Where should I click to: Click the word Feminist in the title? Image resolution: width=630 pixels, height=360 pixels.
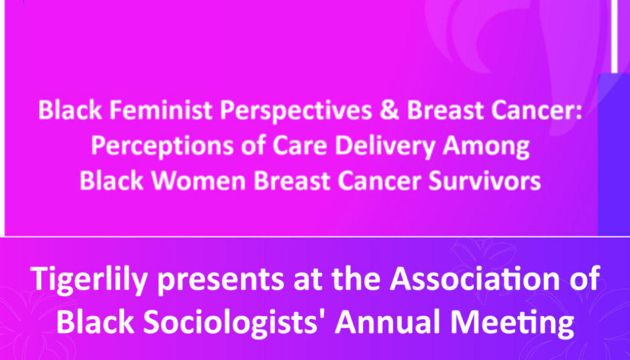click(161, 110)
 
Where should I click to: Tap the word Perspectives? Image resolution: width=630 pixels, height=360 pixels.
click(296, 111)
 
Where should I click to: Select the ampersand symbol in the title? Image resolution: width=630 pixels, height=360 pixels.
click(389, 110)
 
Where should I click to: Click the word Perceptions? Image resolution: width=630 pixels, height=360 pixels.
click(162, 146)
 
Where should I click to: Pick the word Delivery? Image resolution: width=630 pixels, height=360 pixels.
click(385, 146)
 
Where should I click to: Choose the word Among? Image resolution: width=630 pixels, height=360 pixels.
click(486, 147)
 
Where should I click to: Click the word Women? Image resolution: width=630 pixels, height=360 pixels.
click(199, 181)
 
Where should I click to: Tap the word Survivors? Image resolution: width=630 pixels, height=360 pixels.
click(484, 181)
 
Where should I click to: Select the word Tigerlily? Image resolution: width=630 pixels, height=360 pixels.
click(89, 279)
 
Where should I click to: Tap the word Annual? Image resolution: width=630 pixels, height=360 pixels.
click(389, 321)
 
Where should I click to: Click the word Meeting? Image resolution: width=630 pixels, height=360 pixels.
click(512, 322)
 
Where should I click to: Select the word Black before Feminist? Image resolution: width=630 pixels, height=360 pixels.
click(70, 110)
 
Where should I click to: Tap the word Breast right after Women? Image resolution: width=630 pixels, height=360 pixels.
click(292, 181)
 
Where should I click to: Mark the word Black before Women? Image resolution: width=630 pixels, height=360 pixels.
click(111, 181)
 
